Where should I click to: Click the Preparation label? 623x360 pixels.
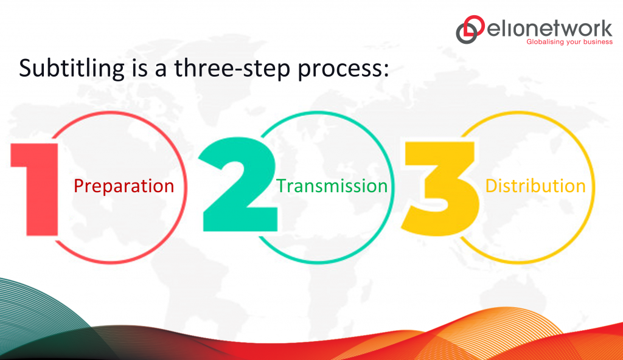124,186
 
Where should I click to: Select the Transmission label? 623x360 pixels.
332,186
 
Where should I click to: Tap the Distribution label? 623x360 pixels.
535,186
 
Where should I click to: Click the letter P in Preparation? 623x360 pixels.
78,186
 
